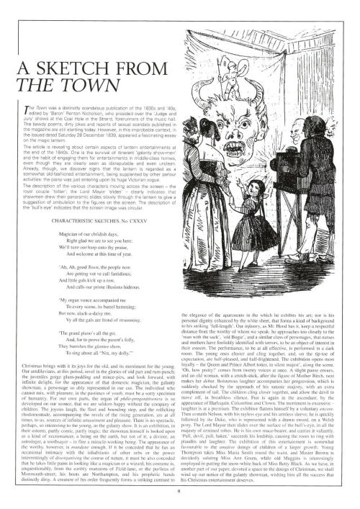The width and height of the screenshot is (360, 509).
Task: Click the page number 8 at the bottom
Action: point(179,492)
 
